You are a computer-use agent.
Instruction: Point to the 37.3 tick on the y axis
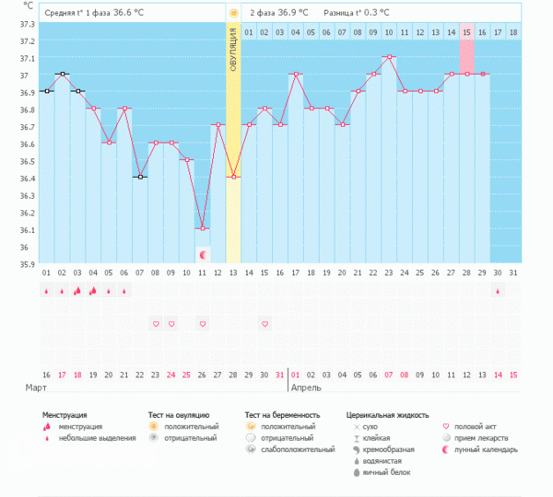click(26, 41)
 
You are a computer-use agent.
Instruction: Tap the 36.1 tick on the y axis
click(26, 229)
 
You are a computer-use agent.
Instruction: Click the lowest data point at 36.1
click(203, 228)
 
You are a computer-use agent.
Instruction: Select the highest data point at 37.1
click(390, 57)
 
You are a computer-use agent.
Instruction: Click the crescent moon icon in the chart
click(203, 254)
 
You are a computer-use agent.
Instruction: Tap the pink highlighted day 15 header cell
click(467, 33)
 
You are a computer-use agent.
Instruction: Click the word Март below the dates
click(35, 388)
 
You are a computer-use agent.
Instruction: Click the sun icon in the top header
click(234, 13)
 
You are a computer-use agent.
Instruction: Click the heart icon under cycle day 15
click(265, 324)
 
